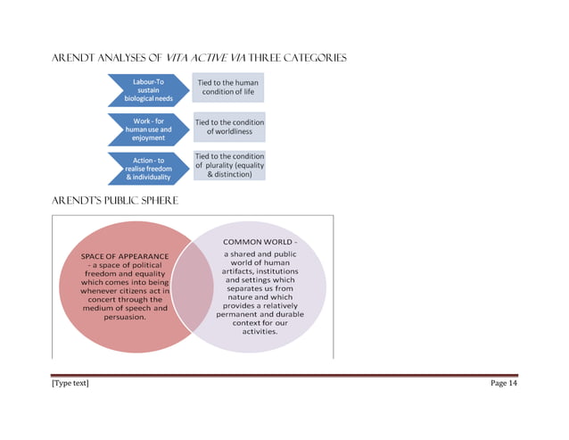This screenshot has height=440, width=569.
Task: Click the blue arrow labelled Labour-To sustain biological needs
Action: click(x=146, y=90)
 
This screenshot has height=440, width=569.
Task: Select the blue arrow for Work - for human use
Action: click(x=146, y=129)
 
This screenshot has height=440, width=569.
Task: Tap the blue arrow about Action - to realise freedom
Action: click(x=146, y=169)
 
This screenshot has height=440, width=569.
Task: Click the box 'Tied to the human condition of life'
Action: click(x=228, y=87)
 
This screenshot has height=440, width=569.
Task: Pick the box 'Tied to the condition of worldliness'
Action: click(x=229, y=127)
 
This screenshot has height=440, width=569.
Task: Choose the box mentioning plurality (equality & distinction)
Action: click(x=229, y=165)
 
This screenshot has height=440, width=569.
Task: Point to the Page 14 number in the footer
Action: click(x=503, y=383)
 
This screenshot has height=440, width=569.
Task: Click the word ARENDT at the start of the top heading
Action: click(x=72, y=58)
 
